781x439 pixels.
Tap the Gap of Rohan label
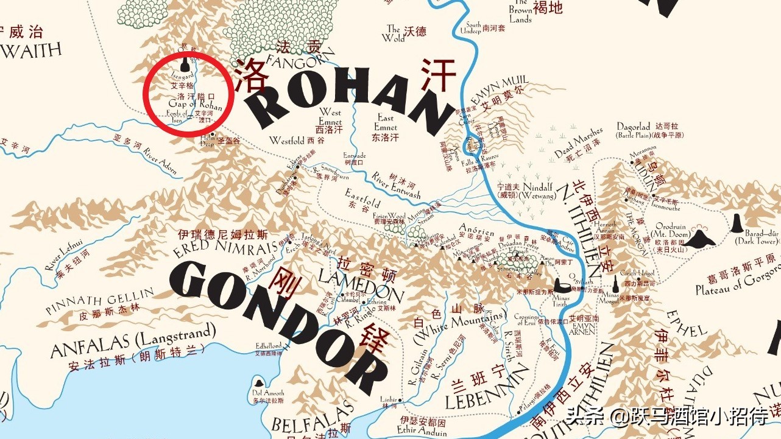(x=194, y=104)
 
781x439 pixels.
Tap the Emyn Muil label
(x=501, y=89)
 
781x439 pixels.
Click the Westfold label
(x=288, y=141)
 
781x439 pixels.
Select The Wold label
(x=394, y=33)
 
